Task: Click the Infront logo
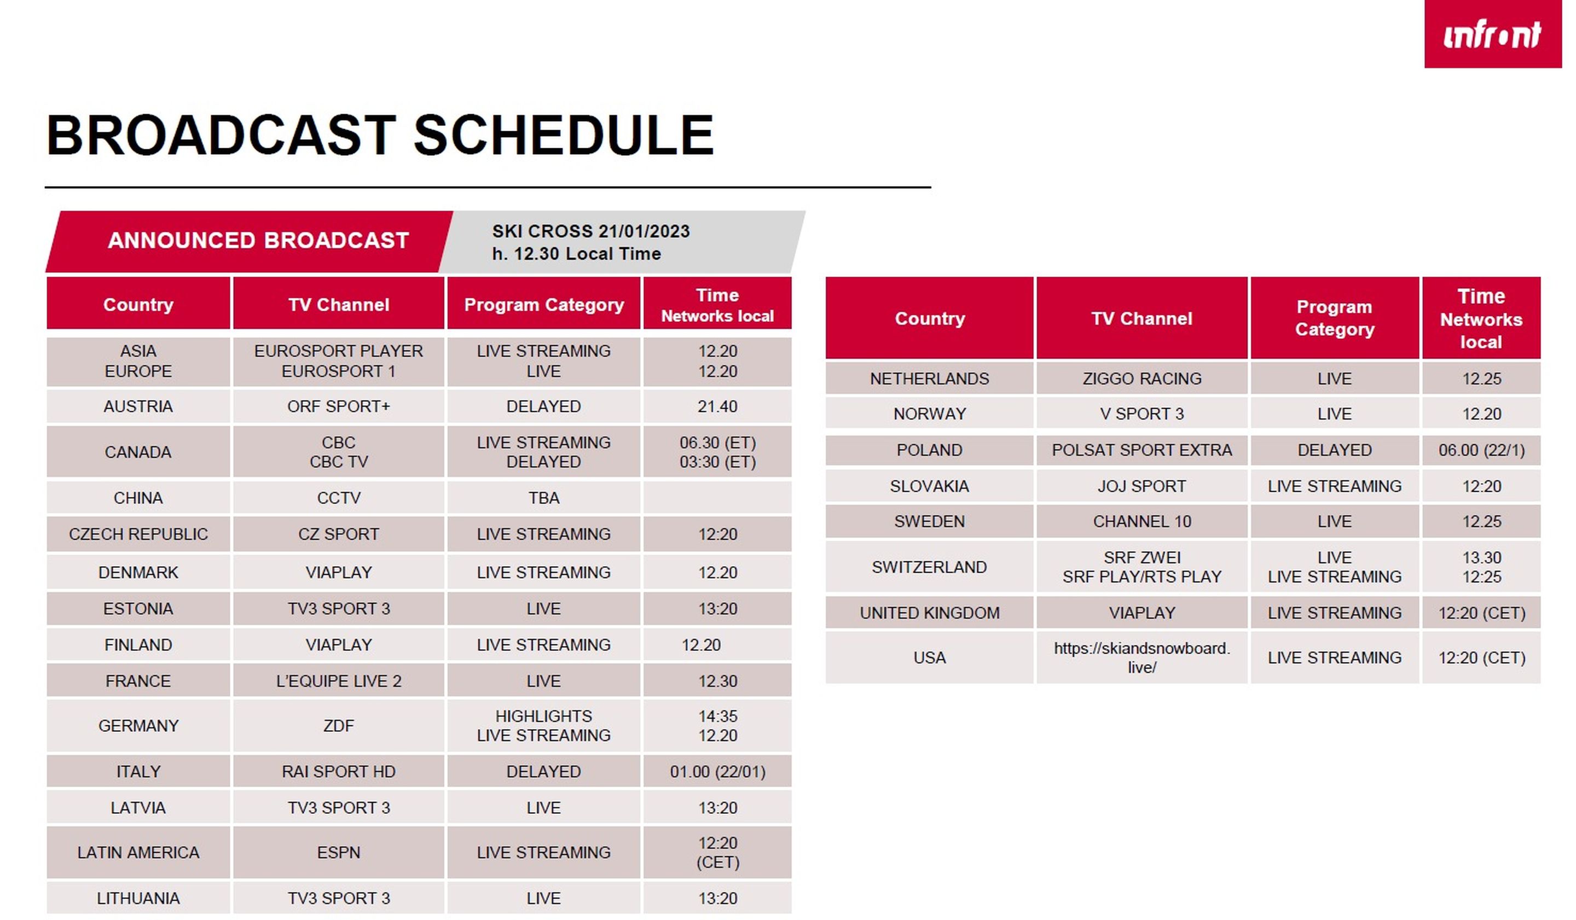pyautogui.click(x=1492, y=34)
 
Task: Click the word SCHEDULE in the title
pyautogui.click(x=564, y=135)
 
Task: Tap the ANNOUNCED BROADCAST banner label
pyautogui.click(x=258, y=241)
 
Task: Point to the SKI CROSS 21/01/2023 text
pyautogui.click(x=590, y=231)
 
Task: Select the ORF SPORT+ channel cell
pyautogui.click(x=338, y=406)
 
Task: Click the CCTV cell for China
pyautogui.click(x=338, y=498)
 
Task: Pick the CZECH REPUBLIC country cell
pyautogui.click(x=138, y=534)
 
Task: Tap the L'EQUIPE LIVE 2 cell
pyautogui.click(x=338, y=680)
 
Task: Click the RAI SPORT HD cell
pyautogui.click(x=338, y=772)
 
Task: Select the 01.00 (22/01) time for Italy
pyautogui.click(x=717, y=772)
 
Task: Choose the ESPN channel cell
pyautogui.click(x=338, y=853)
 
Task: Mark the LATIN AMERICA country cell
pyautogui.click(x=138, y=853)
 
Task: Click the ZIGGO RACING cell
pyautogui.click(x=1142, y=379)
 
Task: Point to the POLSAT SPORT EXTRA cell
pyautogui.click(x=1142, y=450)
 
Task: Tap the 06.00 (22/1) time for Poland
pyautogui.click(x=1481, y=450)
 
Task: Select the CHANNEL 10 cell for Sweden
pyautogui.click(x=1142, y=521)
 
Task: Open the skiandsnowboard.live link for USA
pyautogui.click(x=1142, y=657)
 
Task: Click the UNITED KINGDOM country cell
pyautogui.click(x=929, y=613)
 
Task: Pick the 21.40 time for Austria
pyautogui.click(x=717, y=406)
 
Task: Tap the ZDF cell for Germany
pyautogui.click(x=338, y=726)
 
